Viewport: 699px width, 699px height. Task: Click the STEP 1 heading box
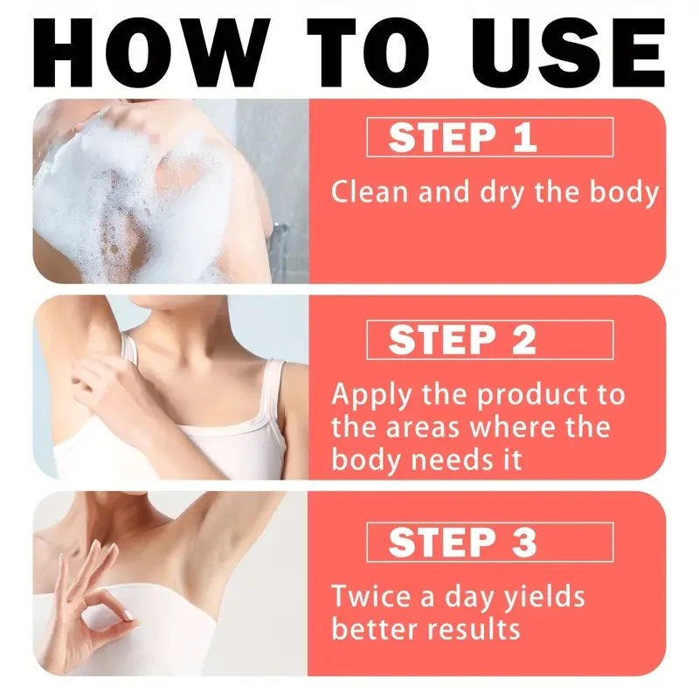[489, 137]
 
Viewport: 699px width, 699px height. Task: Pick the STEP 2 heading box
[489, 340]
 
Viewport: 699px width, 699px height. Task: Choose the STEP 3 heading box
[489, 542]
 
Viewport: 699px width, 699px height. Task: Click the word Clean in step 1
[370, 192]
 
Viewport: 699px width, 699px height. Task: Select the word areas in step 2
[422, 428]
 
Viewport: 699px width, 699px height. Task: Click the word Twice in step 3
[370, 596]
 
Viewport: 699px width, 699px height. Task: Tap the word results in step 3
[474, 628]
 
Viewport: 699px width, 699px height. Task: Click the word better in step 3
[375, 628]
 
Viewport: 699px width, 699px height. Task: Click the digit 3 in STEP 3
[524, 542]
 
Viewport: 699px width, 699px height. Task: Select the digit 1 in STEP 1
[526, 137]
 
